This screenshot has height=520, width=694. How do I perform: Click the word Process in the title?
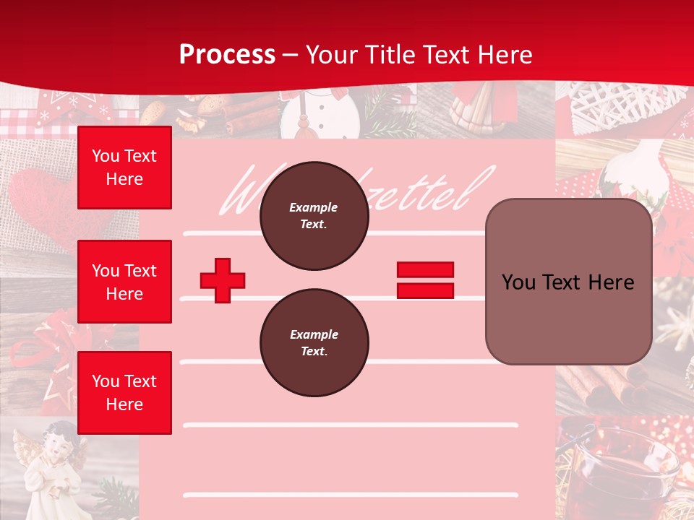(227, 54)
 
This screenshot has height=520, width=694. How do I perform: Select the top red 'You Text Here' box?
(124, 168)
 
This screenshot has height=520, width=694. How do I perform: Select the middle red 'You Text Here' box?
(124, 282)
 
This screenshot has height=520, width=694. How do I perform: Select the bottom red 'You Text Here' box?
(124, 392)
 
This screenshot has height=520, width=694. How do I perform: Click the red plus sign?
(223, 280)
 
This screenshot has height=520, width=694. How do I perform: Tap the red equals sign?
(425, 280)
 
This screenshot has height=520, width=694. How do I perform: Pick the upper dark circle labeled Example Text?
(314, 216)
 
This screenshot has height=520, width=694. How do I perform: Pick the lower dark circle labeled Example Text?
(314, 343)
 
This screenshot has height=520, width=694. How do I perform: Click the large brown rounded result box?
(568, 282)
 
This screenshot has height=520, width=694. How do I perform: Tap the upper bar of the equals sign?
(425, 270)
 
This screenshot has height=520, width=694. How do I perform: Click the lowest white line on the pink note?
(351, 495)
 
